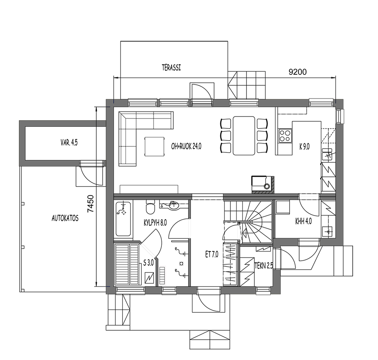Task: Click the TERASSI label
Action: click(x=171, y=68)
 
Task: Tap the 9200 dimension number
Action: click(x=298, y=72)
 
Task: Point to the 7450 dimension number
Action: click(x=91, y=204)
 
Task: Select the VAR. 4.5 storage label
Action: click(x=69, y=143)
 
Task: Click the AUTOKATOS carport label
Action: click(x=65, y=218)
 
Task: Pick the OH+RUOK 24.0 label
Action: click(x=186, y=146)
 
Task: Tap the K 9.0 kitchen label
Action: click(x=304, y=147)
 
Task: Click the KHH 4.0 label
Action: click(x=303, y=221)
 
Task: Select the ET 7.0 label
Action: click(x=212, y=254)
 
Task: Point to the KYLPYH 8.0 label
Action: click(x=155, y=223)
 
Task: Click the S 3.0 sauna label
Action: click(x=149, y=263)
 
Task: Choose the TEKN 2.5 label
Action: click(x=264, y=266)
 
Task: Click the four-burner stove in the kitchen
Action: click(x=285, y=135)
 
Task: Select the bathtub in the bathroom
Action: click(x=124, y=219)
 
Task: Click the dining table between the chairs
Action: click(x=244, y=136)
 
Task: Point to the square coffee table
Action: click(x=155, y=146)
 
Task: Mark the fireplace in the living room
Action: click(x=262, y=185)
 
